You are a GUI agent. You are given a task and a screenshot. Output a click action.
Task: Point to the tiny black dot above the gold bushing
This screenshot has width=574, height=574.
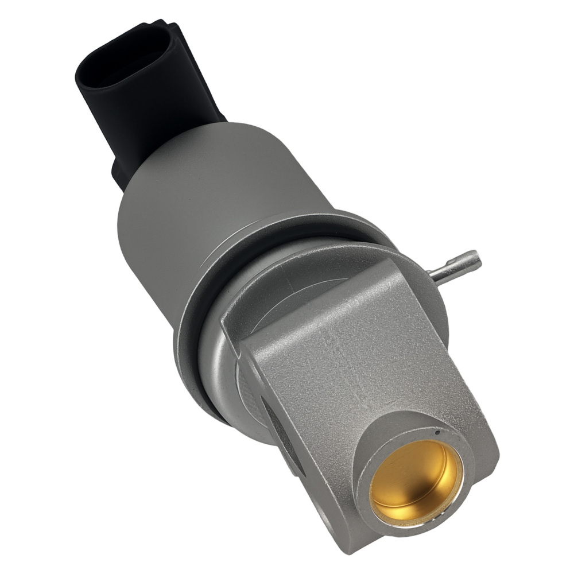tap(437, 432)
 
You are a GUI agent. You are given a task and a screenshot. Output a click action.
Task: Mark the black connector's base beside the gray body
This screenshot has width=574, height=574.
tap(123, 172)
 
